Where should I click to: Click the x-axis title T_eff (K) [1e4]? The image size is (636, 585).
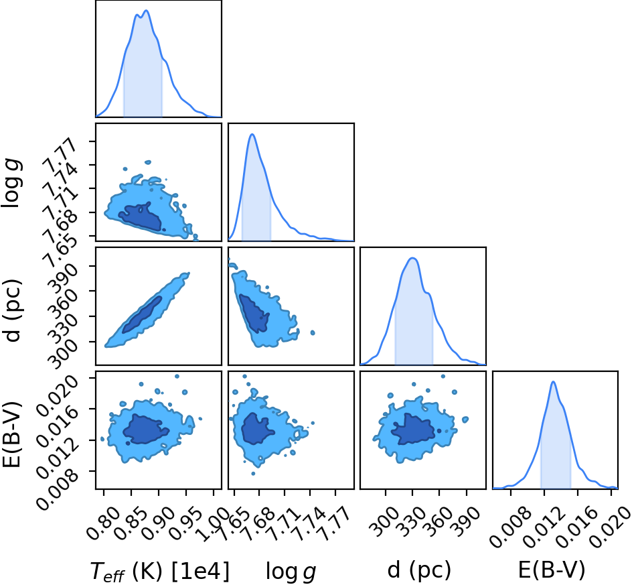159,571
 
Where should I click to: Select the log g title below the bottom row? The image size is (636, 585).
291,572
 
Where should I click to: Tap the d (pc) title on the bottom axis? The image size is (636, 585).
419,570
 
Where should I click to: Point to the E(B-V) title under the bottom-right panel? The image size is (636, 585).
552,570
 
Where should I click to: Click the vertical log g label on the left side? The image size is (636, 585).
11,184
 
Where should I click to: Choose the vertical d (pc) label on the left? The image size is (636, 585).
13,310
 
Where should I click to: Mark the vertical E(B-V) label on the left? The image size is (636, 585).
12,434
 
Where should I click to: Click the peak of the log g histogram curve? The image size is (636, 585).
252,134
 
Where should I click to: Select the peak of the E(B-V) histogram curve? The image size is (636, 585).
553,381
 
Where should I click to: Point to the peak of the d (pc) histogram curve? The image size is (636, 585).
412,258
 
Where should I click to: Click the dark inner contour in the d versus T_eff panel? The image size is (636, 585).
142,315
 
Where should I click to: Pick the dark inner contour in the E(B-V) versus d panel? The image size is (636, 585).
414,430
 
